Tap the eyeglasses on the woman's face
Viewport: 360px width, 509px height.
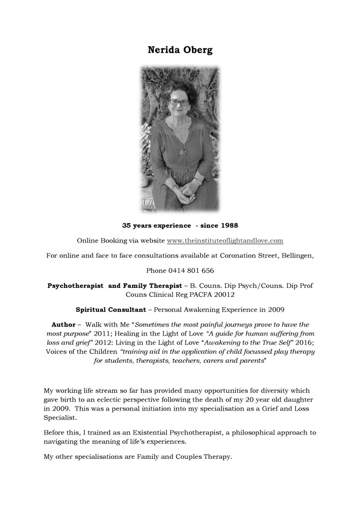coord(179,102)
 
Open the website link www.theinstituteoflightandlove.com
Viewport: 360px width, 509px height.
coord(225,241)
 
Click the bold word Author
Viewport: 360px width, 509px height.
coord(63,324)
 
